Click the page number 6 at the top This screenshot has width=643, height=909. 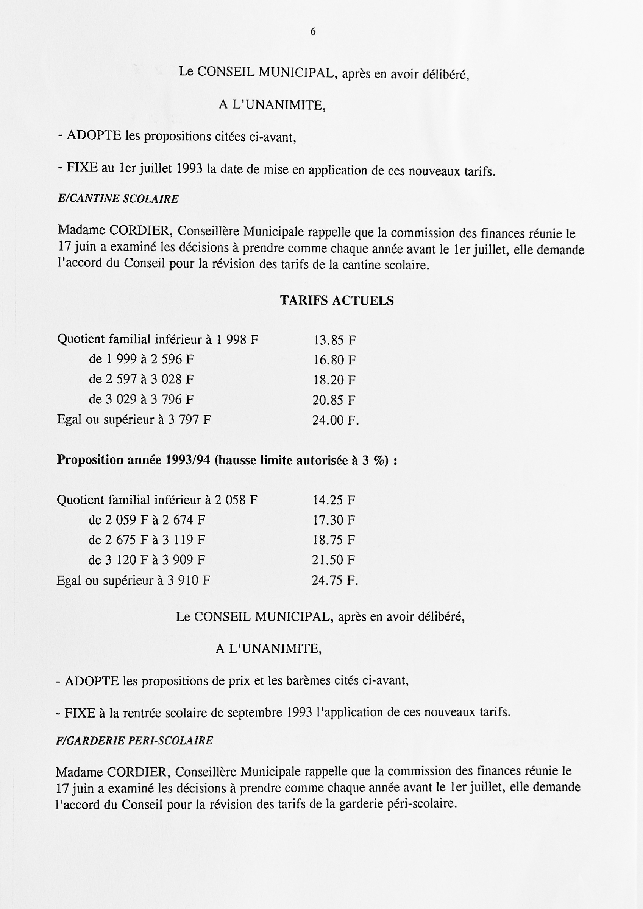(312, 32)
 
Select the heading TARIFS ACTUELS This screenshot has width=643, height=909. (337, 300)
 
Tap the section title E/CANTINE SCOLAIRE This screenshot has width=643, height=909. (118, 199)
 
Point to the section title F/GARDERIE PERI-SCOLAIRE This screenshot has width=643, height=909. (135, 740)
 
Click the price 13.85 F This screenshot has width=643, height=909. (334, 340)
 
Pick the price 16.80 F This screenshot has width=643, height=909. (334, 360)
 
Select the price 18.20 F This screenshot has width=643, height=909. (334, 380)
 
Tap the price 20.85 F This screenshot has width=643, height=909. (334, 400)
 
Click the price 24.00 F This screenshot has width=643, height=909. (335, 420)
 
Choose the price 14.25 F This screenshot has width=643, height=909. (334, 500)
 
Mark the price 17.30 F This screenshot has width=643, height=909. (334, 520)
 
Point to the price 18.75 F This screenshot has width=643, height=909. (334, 540)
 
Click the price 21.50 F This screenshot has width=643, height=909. (334, 560)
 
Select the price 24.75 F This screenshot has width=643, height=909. (334, 581)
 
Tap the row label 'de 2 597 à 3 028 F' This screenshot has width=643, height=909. (141, 379)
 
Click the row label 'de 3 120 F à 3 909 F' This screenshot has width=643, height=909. (147, 560)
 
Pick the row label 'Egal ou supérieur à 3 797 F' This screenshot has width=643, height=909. (134, 420)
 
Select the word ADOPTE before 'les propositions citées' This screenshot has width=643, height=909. (94, 135)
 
